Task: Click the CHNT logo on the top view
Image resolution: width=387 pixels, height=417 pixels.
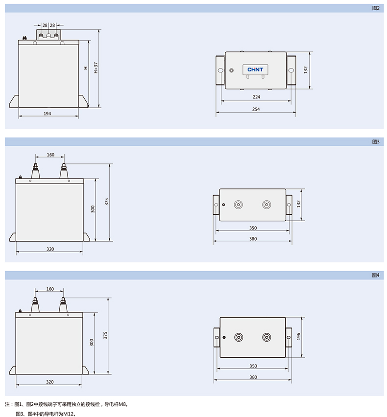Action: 255,69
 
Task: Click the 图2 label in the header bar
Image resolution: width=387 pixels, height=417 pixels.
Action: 376,8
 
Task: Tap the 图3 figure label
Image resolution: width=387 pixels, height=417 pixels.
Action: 376,142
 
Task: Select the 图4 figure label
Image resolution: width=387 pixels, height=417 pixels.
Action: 376,275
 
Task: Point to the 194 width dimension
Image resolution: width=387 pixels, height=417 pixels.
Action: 47,114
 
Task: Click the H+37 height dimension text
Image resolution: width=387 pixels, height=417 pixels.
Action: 96,68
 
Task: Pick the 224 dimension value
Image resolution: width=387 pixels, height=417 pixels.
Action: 256,97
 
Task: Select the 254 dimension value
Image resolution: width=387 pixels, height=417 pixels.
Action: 256,109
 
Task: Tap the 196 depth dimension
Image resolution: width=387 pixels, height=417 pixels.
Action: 298,336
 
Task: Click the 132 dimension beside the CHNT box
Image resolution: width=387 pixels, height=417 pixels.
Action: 305,70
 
